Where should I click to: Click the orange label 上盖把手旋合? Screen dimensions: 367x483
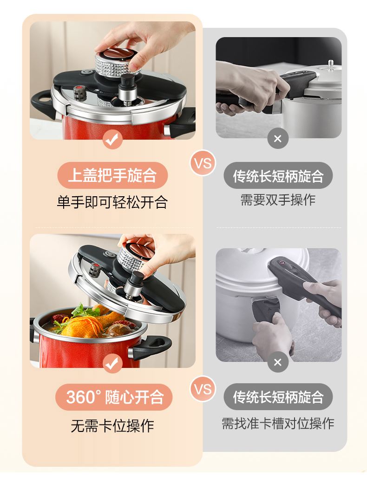pos(112,175)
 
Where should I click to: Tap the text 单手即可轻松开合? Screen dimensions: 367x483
pos(112,202)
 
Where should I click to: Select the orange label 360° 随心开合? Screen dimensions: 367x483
pos(114,397)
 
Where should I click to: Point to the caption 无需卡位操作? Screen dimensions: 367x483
pos(112,426)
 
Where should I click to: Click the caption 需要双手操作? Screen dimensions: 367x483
pos(278,200)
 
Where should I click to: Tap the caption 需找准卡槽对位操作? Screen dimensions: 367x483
pos(278,423)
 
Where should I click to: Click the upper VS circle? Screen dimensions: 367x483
pos(203,163)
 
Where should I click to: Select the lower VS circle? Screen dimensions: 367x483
pos(203,389)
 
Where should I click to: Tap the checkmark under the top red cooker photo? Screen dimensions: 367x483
pos(112,140)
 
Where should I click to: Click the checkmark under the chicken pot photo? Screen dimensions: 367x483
pos(112,363)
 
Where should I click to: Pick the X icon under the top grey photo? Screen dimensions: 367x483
pos(277,138)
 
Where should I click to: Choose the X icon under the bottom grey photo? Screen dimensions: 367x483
pos(277,362)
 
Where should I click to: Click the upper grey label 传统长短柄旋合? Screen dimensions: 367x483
pos(278,176)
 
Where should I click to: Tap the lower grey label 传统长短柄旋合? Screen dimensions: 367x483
pos(278,397)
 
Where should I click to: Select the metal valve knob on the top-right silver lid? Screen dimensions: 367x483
pos(331,65)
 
